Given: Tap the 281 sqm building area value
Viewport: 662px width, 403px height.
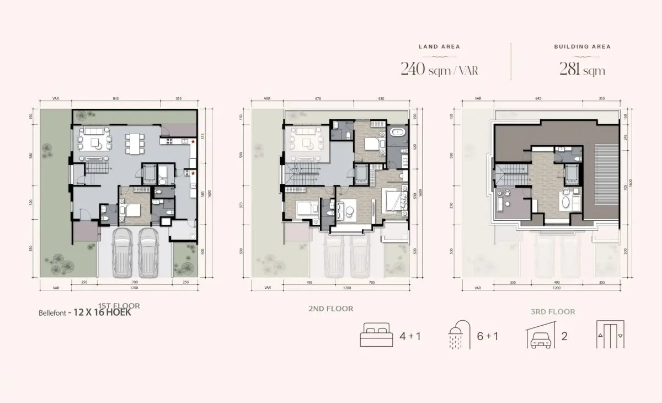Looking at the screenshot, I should [x=583, y=70].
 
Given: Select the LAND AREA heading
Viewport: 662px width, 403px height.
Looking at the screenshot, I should [x=439, y=47].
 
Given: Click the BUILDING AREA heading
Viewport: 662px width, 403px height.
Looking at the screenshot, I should [x=583, y=47].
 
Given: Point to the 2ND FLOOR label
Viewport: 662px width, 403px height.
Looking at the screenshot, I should [x=331, y=309].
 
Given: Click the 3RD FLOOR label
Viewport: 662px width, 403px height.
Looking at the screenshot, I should [x=553, y=311].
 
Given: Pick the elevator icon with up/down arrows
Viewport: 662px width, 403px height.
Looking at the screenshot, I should [x=611, y=336].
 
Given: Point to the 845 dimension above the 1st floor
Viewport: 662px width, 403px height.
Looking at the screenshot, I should [x=116, y=99].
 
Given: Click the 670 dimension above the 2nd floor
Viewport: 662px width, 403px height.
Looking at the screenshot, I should [x=318, y=99].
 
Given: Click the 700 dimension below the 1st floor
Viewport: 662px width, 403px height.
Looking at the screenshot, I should [x=134, y=283].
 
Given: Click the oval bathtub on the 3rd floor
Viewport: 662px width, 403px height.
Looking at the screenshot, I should [x=565, y=200].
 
